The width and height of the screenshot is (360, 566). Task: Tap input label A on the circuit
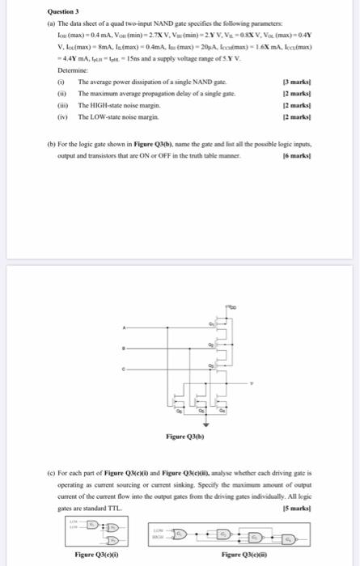[125, 327]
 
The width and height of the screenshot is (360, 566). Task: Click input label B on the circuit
[125, 350]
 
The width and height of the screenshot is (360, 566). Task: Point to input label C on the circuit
[125, 371]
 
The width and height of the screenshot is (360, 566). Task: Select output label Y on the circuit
[251, 382]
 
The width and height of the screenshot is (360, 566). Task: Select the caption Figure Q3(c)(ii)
[245, 554]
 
